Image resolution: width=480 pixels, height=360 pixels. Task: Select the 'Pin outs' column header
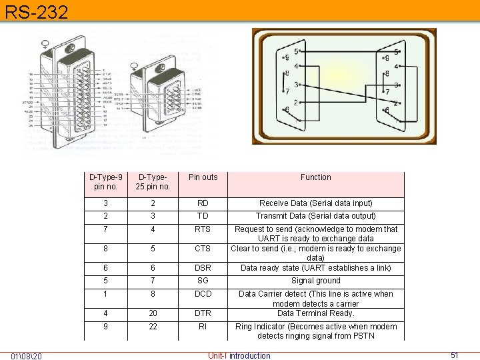point(203,177)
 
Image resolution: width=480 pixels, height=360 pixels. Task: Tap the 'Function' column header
point(315,177)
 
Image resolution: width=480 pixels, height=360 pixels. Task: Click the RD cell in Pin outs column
point(203,203)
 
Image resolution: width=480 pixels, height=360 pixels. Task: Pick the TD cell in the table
point(203,216)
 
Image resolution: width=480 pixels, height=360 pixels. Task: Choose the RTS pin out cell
point(203,229)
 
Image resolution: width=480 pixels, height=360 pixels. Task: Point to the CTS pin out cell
point(203,249)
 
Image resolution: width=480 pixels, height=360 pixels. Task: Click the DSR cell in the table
point(203,268)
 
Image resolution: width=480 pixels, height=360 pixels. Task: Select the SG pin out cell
point(203,281)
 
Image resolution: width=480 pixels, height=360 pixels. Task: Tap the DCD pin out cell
point(203,294)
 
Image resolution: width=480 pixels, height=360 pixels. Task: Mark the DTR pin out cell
point(203,313)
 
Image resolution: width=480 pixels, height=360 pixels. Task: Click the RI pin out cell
point(203,327)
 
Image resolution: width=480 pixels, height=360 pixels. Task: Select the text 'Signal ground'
point(315,281)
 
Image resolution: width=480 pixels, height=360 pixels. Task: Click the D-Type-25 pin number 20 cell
point(153,313)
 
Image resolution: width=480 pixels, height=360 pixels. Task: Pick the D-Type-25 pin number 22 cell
point(153,327)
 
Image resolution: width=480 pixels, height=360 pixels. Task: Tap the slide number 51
point(455,355)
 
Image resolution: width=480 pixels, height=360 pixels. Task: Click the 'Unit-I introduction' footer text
point(239,355)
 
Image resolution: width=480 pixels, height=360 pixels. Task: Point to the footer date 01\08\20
point(27,355)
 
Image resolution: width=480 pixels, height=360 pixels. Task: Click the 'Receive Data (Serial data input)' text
point(315,203)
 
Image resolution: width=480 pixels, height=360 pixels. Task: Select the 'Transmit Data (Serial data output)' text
point(315,216)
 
